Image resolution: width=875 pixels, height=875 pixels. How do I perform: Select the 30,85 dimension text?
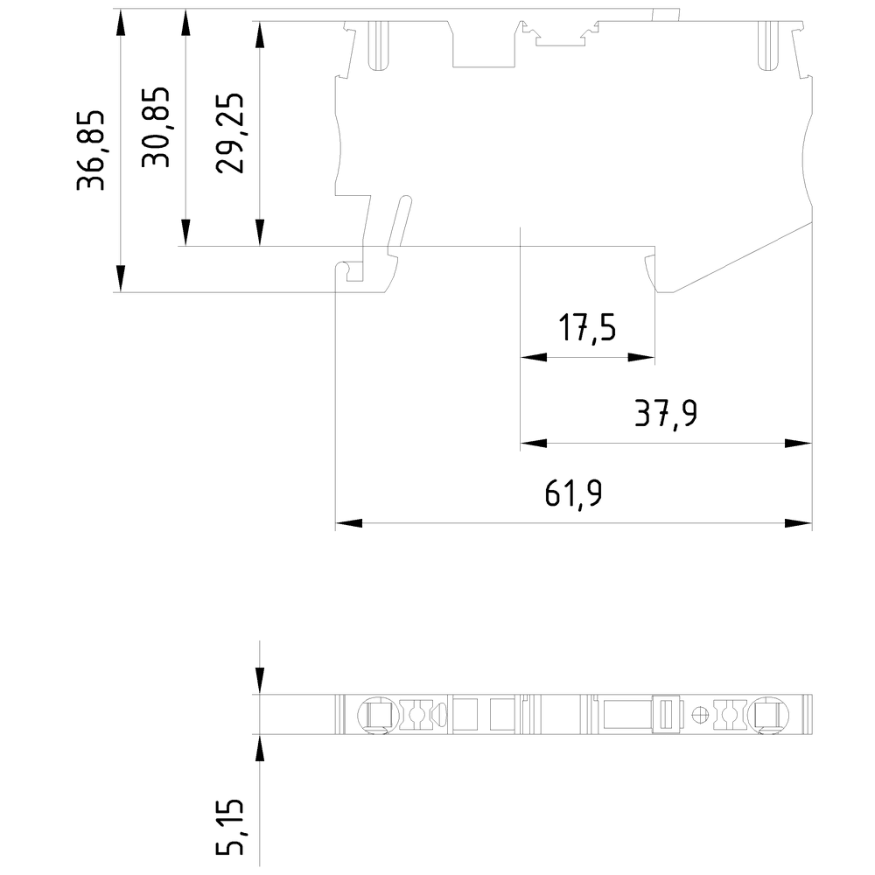tap(157, 128)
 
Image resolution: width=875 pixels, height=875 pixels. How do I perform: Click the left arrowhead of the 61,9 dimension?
tap(348, 523)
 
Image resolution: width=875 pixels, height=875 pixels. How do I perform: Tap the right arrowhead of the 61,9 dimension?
tap(799, 523)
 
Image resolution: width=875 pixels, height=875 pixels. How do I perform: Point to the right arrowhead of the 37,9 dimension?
tap(799, 443)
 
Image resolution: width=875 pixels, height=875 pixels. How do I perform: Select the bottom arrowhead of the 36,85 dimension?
tap(120, 279)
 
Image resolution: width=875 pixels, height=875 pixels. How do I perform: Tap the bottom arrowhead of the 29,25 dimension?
tap(260, 233)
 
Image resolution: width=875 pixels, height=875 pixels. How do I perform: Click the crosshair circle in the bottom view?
tap(698, 714)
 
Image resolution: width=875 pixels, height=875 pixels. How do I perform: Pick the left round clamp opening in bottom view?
tap(375, 714)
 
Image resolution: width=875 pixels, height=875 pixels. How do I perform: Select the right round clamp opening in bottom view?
tap(766, 714)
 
